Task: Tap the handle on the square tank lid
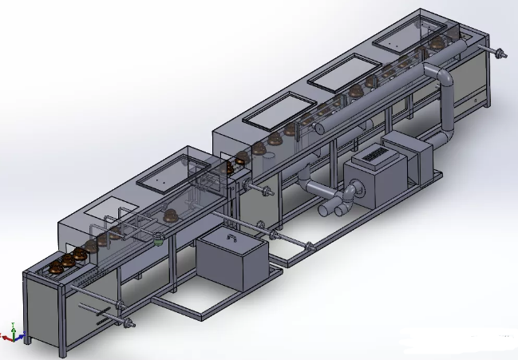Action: click(231, 237)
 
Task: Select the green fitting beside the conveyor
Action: click(160, 237)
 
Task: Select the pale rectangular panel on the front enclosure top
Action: click(103, 212)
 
